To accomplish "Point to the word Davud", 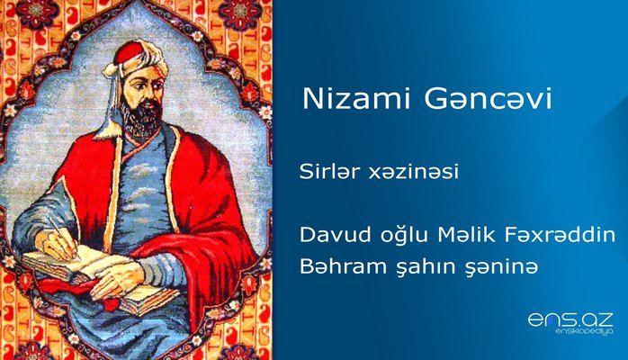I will [x=327, y=234].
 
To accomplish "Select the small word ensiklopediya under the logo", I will [x=570, y=335].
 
